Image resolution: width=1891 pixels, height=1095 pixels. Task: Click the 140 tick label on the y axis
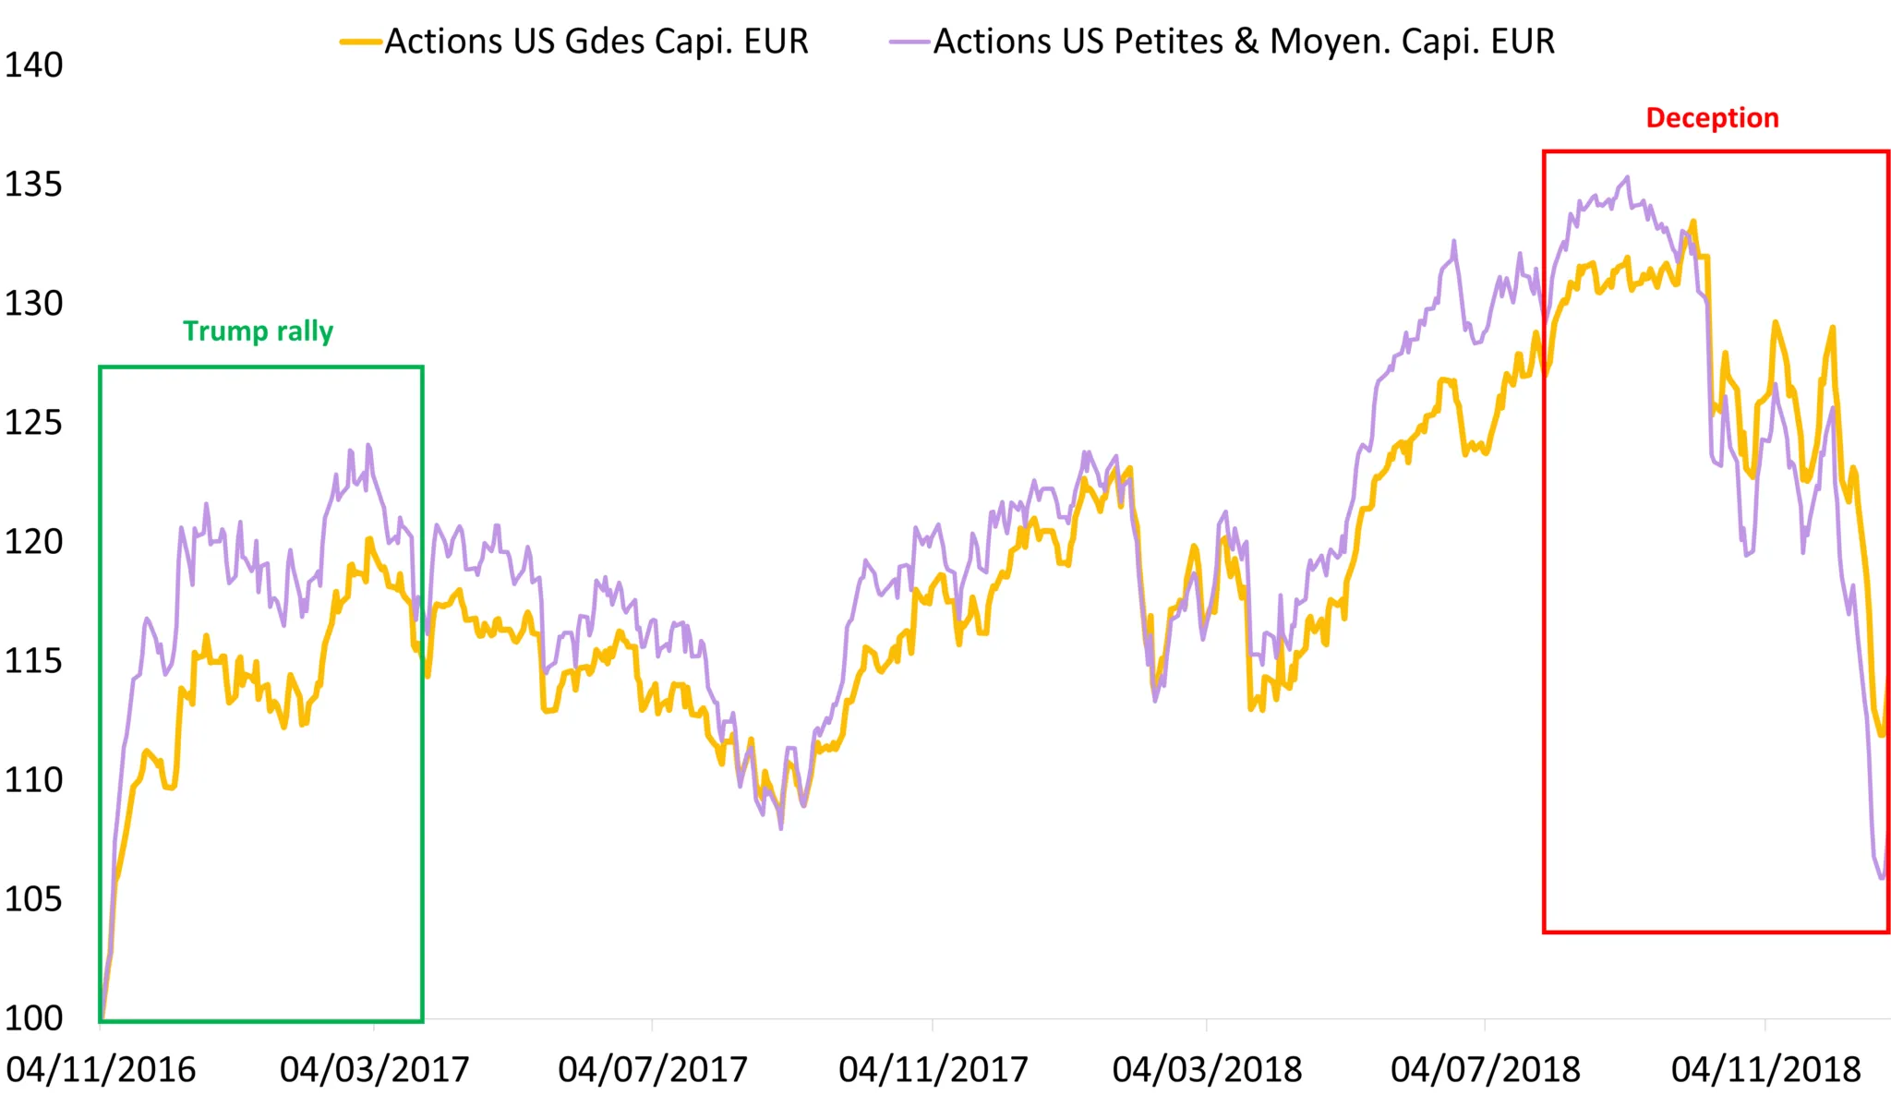(x=33, y=66)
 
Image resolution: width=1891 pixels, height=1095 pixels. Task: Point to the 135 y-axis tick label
(x=33, y=185)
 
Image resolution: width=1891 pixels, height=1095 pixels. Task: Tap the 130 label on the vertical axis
(x=33, y=304)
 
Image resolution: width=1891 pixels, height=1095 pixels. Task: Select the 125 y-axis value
(x=33, y=423)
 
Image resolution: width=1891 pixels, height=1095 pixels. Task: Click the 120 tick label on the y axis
(x=33, y=542)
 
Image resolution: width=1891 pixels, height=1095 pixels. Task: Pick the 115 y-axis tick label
(x=33, y=661)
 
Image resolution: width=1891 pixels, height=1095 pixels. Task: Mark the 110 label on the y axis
(x=33, y=780)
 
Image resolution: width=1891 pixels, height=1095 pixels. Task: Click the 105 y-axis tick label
(x=33, y=899)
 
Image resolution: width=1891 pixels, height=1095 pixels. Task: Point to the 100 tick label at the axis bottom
(x=33, y=1018)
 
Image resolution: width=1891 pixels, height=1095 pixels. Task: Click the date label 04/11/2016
(x=101, y=1070)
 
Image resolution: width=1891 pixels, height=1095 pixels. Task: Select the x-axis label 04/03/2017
(x=375, y=1070)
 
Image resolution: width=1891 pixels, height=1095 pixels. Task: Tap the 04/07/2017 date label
(x=653, y=1070)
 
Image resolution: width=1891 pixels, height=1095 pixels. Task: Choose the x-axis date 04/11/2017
(x=933, y=1070)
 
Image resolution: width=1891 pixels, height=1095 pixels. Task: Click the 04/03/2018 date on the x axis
(x=1207, y=1070)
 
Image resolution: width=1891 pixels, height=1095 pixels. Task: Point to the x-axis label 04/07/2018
(x=1486, y=1070)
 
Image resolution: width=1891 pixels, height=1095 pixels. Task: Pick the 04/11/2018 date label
(x=1765, y=1070)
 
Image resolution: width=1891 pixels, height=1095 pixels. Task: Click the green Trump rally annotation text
(x=258, y=331)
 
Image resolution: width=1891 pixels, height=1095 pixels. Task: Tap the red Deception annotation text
(x=1712, y=118)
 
